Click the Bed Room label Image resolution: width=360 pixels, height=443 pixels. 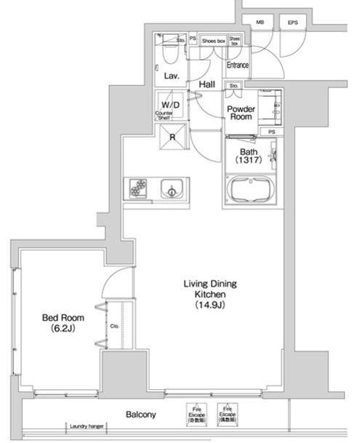pyautogui.click(x=62, y=323)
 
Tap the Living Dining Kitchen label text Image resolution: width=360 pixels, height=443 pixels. pyautogui.click(x=210, y=295)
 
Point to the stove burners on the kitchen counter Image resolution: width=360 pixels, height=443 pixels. pyautogui.click(x=138, y=188)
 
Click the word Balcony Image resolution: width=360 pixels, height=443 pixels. pyautogui.click(x=140, y=415)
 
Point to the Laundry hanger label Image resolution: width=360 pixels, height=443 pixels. pyautogui.click(x=87, y=427)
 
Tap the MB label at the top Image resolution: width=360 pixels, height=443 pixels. pyautogui.click(x=260, y=23)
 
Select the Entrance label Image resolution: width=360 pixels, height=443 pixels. pyautogui.click(x=237, y=65)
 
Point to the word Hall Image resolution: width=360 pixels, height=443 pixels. pyautogui.click(x=207, y=85)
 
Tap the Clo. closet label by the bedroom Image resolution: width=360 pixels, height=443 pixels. pyautogui.click(x=114, y=327)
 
